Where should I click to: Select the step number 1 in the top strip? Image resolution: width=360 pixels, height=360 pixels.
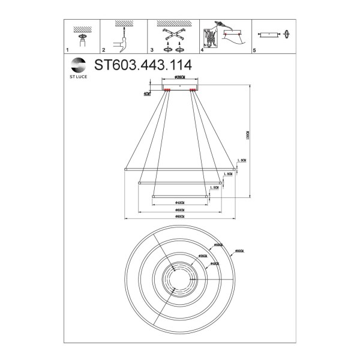[67, 52]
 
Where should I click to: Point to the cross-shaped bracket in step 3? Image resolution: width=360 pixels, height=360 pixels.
[172, 35]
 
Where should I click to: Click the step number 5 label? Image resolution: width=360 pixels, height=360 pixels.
[254, 52]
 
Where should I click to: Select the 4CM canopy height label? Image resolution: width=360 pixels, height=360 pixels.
[147, 94]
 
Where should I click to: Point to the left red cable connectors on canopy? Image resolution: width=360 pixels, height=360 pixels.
[167, 91]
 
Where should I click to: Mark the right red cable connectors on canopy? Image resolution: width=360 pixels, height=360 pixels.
[193, 91]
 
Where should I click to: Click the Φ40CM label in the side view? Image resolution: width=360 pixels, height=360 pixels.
[179, 203]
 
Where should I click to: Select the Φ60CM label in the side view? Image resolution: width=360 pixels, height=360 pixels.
[179, 210]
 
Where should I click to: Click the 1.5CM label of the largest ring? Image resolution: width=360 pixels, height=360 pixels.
[242, 161]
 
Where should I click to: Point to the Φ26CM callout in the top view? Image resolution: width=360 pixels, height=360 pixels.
[201, 256]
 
